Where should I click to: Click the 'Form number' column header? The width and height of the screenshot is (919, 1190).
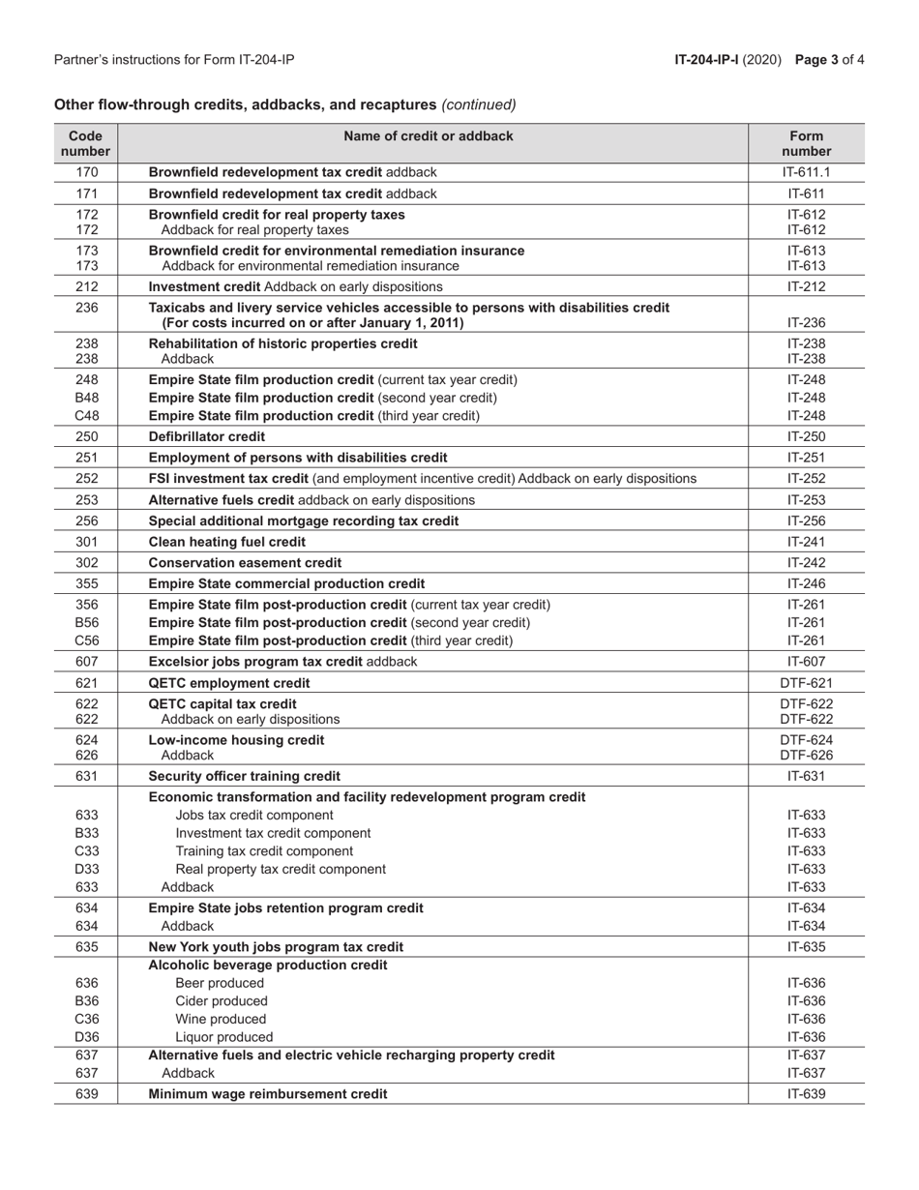(806, 143)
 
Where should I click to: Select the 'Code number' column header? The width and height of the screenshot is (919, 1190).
(86, 143)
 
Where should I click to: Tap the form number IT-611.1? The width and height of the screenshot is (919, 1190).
(806, 172)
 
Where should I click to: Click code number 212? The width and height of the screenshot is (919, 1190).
(86, 286)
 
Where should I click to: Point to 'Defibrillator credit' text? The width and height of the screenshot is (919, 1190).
(206, 436)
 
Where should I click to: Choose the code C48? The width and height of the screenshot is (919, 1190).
(86, 416)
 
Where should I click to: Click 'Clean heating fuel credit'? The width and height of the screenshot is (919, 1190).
(226, 542)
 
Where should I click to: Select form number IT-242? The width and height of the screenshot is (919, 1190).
(806, 563)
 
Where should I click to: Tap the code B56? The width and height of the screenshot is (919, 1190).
(86, 622)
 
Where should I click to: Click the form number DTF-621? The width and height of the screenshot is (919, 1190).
(806, 683)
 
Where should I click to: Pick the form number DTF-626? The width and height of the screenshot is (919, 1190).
(806, 755)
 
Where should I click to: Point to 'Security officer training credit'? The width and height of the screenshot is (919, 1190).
(244, 776)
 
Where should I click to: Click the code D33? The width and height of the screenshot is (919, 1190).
(86, 869)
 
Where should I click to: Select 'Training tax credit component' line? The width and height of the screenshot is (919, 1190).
(264, 851)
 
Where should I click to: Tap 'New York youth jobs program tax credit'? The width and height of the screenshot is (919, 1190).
(276, 946)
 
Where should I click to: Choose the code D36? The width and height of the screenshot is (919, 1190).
(86, 1037)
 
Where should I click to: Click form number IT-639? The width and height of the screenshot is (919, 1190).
(806, 1094)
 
